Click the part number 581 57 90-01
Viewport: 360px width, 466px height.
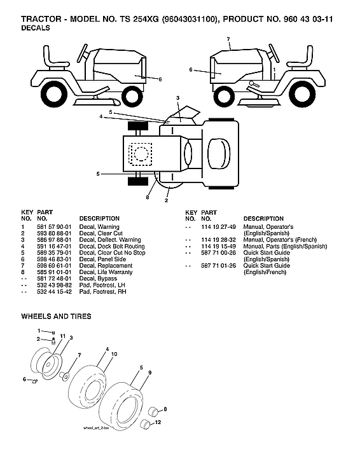click(52, 227)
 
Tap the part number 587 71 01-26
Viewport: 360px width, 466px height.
click(219, 265)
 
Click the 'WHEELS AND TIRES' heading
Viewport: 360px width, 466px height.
click(56, 316)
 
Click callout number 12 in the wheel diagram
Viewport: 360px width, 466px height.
click(158, 422)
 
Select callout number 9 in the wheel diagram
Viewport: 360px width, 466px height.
click(149, 372)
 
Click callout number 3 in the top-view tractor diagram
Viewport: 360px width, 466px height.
click(178, 97)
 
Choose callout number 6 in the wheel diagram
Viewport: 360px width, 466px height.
click(25, 380)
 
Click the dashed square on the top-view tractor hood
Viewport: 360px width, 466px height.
click(141, 153)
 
